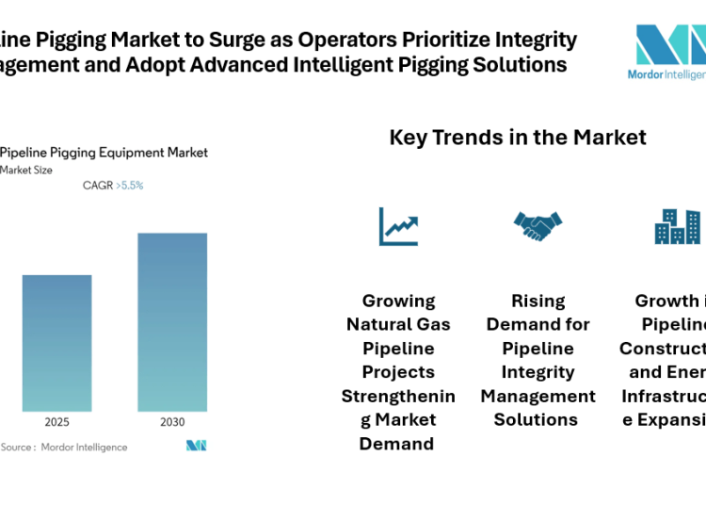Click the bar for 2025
[56, 343]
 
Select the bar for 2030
[172, 322]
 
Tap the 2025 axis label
[56, 421]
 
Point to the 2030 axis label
[172, 421]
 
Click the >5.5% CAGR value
[130, 186]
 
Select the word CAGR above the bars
[97, 186]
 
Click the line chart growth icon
[398, 226]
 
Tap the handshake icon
[538, 226]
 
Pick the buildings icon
[678, 226]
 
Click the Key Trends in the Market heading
[518, 138]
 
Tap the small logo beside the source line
[196, 446]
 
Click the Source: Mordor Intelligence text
[64, 447]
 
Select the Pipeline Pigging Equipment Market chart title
[104, 153]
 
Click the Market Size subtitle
[26, 171]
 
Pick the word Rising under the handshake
[538, 301]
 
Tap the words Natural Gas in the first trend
[398, 325]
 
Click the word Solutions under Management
[538, 420]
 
